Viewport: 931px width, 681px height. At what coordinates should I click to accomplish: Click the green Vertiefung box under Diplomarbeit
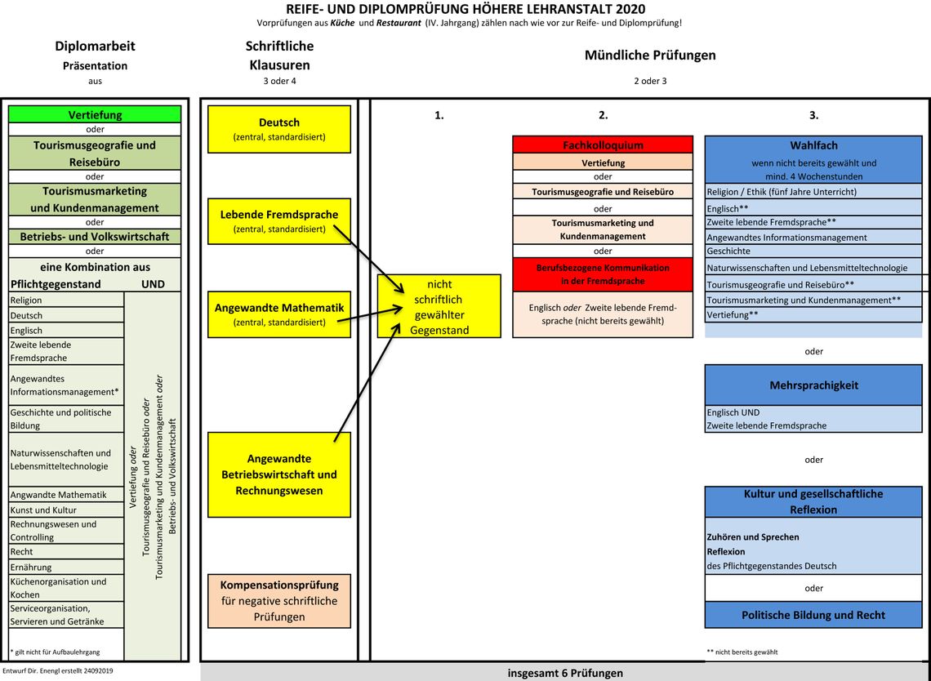tap(95, 115)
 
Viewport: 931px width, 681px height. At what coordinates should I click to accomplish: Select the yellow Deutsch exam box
tap(279, 129)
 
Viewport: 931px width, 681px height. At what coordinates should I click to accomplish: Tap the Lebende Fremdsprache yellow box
tap(279, 221)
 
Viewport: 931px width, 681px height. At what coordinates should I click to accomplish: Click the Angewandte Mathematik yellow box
tap(279, 314)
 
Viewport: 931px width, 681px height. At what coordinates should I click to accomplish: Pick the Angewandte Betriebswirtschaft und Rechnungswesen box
tap(279, 474)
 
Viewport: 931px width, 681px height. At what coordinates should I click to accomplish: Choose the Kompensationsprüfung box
tap(279, 600)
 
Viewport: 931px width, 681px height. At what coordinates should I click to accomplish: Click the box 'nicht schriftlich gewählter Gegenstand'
tap(439, 306)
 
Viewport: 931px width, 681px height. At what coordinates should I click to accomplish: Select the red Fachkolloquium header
tap(603, 145)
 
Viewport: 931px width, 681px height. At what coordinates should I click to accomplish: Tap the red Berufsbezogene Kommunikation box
tap(603, 274)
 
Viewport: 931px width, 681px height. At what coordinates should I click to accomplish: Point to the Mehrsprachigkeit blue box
tap(813, 385)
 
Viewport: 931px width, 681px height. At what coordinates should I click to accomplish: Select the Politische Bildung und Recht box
tap(813, 615)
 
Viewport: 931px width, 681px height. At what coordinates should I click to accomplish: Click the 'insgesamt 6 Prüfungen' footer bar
tap(565, 673)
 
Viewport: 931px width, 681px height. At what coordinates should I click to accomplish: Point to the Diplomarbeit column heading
tap(95, 47)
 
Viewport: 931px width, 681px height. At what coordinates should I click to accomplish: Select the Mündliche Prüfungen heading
tap(650, 56)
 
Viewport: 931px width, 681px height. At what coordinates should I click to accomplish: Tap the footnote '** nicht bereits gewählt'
tap(742, 652)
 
